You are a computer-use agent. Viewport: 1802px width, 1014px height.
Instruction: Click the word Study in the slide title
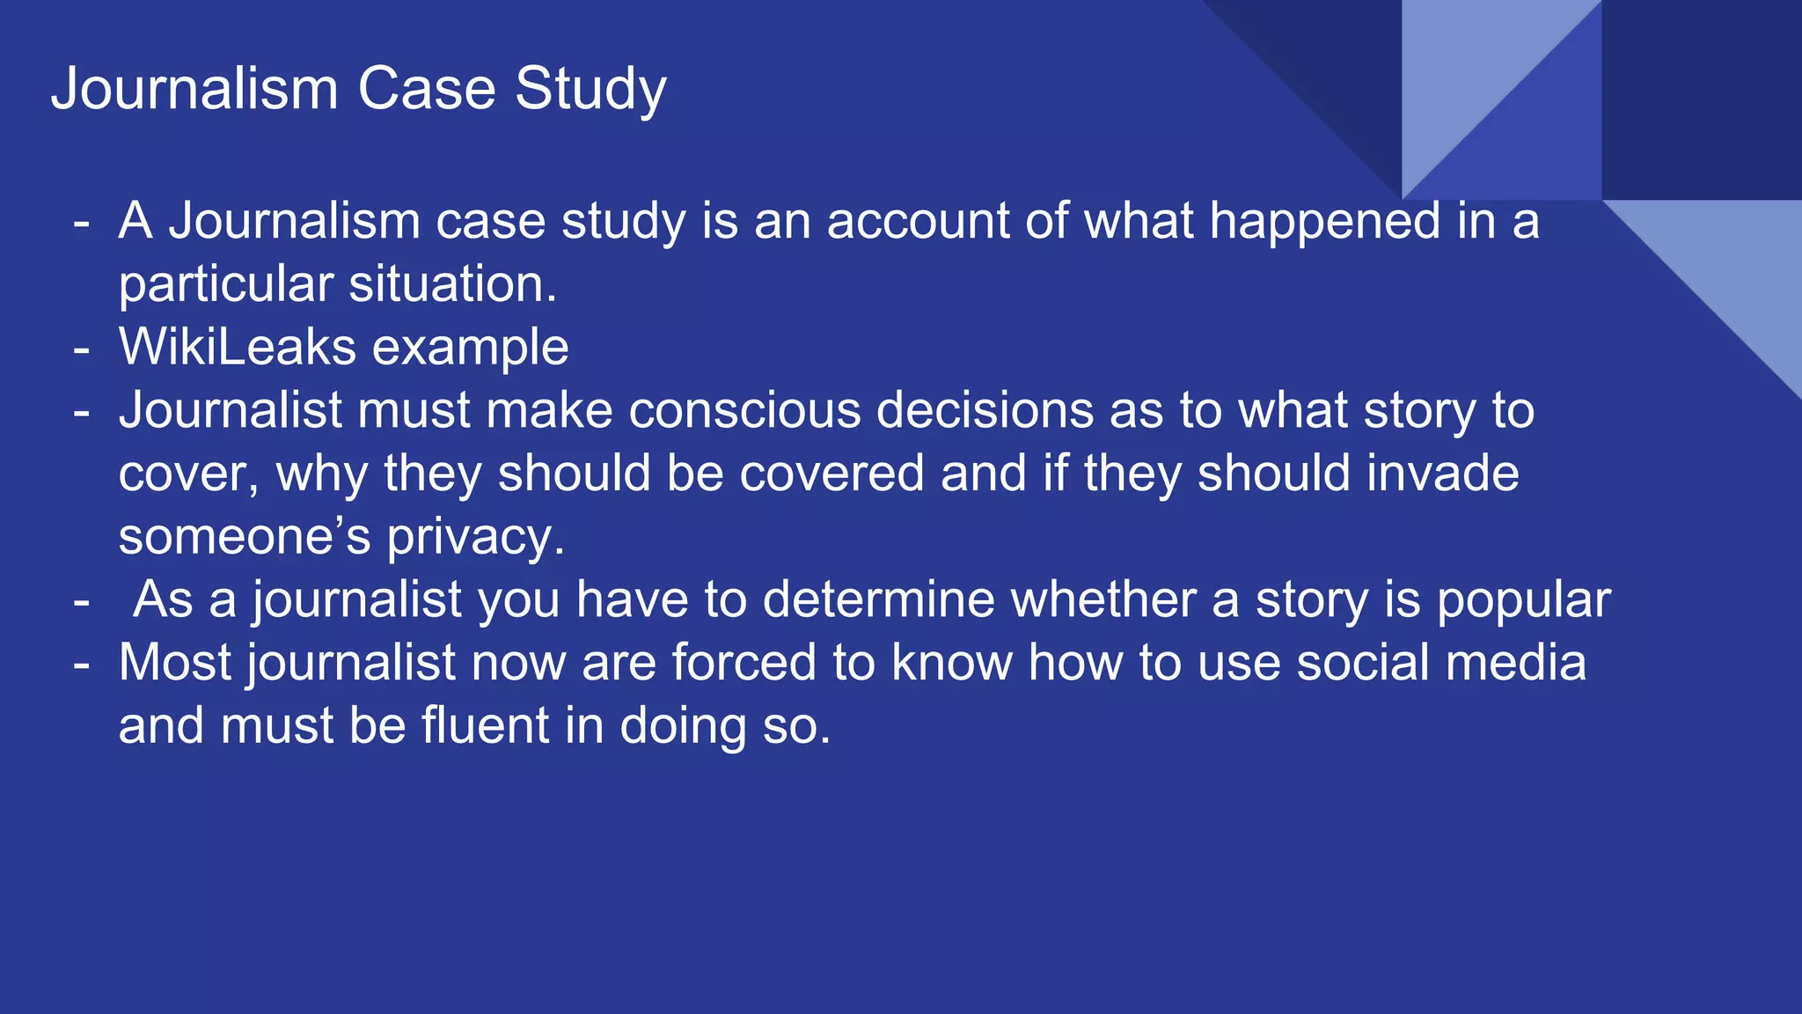click(x=590, y=90)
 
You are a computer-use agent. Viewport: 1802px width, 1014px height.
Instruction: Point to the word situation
click(x=453, y=284)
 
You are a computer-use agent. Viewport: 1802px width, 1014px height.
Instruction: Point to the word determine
click(x=878, y=600)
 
